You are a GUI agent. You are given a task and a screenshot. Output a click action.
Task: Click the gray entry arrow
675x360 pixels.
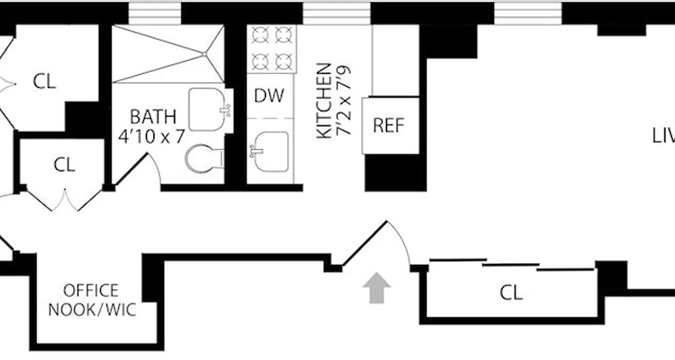[x=377, y=288]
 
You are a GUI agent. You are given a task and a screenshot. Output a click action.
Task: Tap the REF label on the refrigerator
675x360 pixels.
[x=389, y=126]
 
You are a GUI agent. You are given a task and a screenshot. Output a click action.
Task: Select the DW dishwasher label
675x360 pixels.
[x=269, y=95]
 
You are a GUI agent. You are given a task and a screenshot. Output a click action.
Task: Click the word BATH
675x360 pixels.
[x=153, y=117]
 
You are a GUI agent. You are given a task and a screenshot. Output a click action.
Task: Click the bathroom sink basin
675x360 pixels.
[x=207, y=109]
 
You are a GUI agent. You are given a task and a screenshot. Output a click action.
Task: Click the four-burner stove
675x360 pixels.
[x=272, y=49]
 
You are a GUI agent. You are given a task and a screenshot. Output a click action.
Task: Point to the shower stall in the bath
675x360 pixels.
[x=168, y=54]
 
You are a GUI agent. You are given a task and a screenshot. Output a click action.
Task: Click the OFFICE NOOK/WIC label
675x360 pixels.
[x=92, y=300]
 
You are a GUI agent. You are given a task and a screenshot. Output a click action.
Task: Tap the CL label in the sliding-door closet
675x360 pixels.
[x=511, y=293]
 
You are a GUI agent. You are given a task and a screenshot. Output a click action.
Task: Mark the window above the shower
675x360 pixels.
[x=154, y=13]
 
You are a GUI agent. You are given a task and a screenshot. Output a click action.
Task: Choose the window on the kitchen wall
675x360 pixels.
[x=337, y=13]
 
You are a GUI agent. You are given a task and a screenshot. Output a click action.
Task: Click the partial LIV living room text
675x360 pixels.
[x=663, y=135]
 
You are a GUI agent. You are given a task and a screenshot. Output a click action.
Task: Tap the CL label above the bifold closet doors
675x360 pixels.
[x=64, y=165]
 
